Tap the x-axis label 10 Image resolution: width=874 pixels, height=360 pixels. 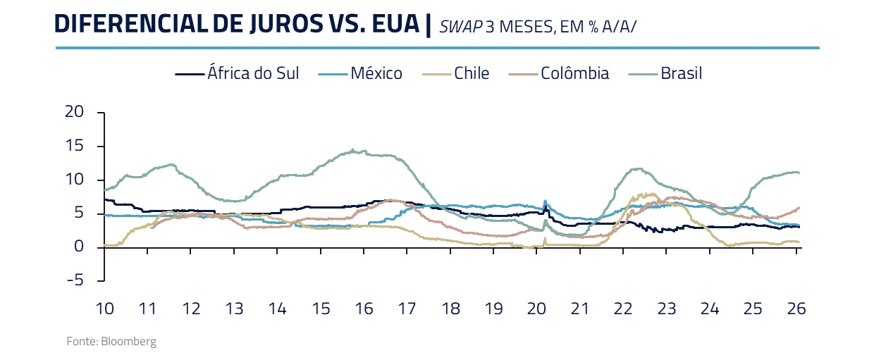[104, 309]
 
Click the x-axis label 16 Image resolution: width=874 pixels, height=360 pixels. [364, 309]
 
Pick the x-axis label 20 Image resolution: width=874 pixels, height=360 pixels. [536, 309]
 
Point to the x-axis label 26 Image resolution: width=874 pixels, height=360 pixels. [796, 309]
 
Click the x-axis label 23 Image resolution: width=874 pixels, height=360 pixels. [666, 309]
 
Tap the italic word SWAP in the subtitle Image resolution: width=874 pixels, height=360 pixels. [460, 27]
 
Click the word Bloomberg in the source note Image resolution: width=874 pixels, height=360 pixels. [128, 342]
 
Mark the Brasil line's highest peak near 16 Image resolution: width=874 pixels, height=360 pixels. [353, 149]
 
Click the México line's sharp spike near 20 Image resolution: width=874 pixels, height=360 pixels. [545, 201]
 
